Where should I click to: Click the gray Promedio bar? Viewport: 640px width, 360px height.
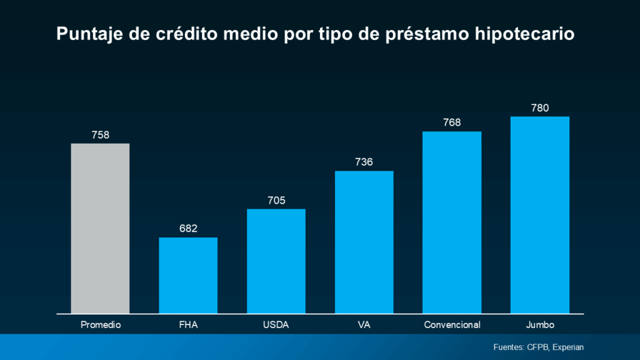(100, 228)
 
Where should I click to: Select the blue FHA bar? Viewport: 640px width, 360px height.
(188, 275)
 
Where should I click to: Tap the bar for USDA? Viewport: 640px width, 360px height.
(276, 261)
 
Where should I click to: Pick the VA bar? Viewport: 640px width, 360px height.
(364, 242)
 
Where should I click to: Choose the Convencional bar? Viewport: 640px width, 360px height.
(452, 222)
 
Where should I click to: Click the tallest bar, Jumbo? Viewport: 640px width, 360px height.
(540, 214)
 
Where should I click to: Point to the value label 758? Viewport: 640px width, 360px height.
(100, 134)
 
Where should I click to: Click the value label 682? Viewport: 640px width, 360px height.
(188, 229)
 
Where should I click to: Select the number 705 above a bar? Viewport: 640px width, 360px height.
(276, 200)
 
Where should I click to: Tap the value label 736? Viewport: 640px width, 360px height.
(364, 162)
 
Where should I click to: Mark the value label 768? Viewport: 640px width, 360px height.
(452, 122)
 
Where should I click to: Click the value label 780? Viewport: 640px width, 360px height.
(540, 107)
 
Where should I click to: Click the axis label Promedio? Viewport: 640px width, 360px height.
(100, 325)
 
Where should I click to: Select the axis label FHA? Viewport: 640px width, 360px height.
(188, 325)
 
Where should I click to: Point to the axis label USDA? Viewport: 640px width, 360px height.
(276, 325)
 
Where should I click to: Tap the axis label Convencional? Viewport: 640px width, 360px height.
(452, 325)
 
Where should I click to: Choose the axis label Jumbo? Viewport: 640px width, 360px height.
(540, 325)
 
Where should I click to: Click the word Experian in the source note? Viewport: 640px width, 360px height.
(567, 347)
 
